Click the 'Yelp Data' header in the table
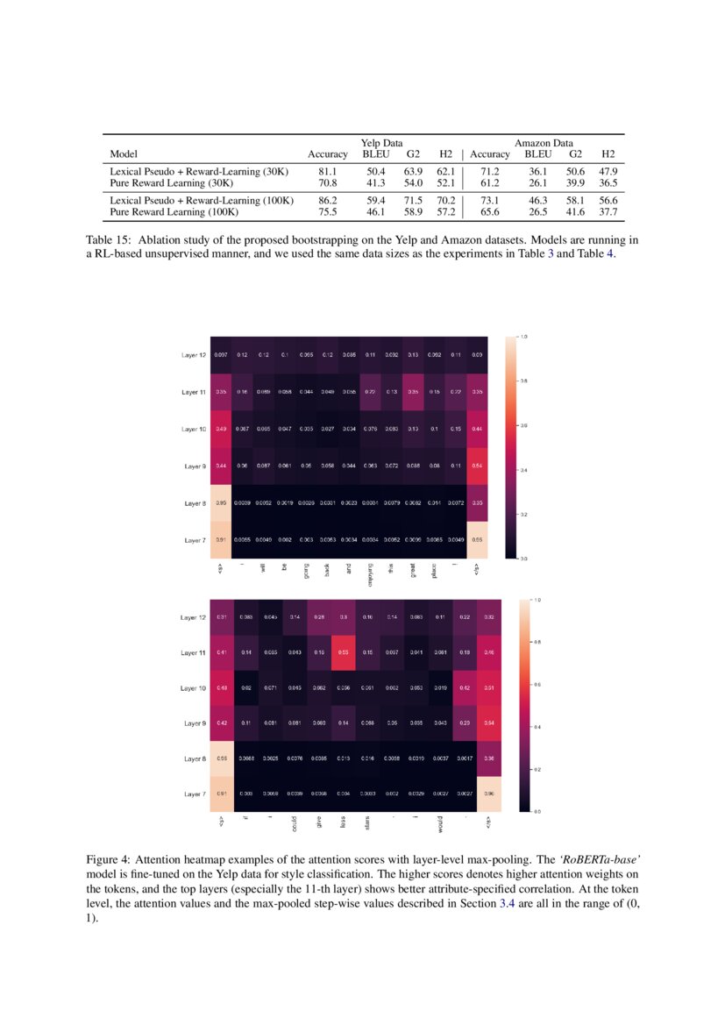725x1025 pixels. [381, 143]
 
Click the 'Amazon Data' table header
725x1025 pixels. [544, 143]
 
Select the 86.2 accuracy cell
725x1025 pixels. [327, 201]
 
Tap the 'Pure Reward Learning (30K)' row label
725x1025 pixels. [171, 183]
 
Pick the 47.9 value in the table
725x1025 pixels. [608, 172]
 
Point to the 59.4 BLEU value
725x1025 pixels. [375, 201]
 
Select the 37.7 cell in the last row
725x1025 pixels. [608, 211]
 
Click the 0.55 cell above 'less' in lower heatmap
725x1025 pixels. [344, 653]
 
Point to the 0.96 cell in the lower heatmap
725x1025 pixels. [488, 794]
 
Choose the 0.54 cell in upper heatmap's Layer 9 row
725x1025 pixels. [477, 466]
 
